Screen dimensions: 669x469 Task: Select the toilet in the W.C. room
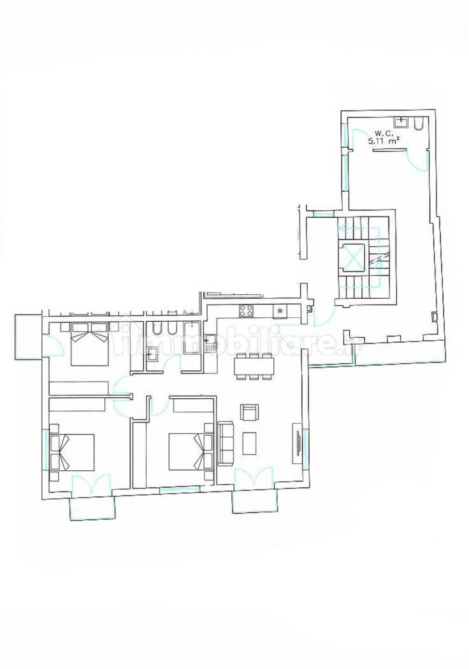418,123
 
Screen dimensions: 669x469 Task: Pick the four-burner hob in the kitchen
247,312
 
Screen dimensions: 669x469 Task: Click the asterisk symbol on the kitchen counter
278,311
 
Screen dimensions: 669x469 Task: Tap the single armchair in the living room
249,412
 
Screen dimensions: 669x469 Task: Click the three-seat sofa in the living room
226,442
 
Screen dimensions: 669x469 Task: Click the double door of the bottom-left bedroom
91,486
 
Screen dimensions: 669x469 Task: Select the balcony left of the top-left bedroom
27,336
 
